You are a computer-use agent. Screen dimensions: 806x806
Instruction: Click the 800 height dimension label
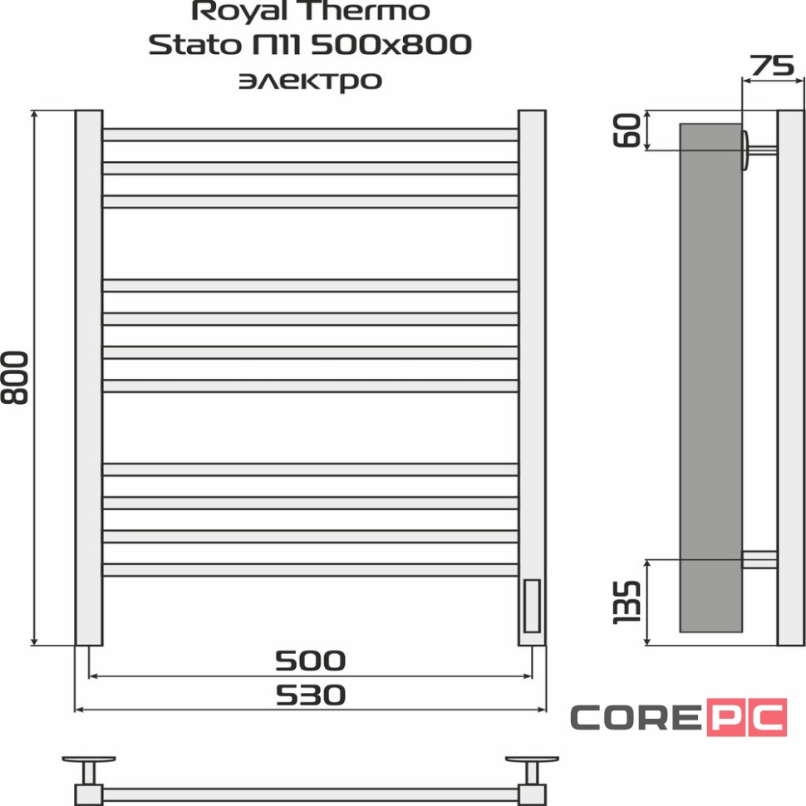16,378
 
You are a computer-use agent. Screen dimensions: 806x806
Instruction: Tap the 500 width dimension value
310,661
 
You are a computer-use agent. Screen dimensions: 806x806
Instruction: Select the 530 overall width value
310,695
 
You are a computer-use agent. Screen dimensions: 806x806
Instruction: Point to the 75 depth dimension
773,66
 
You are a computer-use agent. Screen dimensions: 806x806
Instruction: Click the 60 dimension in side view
630,130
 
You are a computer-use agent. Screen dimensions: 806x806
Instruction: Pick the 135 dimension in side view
628,602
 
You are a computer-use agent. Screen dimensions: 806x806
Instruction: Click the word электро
310,81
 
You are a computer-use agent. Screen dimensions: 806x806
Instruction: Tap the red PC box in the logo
746,717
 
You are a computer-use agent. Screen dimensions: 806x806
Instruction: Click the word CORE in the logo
635,717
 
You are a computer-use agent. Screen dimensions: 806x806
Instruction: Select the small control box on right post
532,607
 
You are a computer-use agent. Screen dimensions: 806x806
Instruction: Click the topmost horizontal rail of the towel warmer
310,135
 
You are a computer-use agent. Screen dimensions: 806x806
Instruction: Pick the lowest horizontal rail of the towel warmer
310,569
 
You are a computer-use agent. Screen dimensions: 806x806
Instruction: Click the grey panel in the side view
710,374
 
